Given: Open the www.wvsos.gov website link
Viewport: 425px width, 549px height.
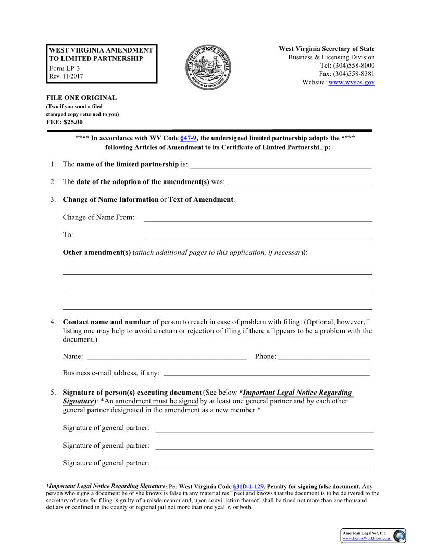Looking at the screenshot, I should click(x=352, y=83).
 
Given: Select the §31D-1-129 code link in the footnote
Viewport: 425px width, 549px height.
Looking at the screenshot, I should click(x=249, y=487).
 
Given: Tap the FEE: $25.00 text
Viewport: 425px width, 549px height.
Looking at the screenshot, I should click(x=65, y=122).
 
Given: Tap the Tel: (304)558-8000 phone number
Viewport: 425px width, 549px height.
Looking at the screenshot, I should click(x=347, y=66).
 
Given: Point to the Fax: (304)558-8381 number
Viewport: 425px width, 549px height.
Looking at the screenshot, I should click(x=347, y=74).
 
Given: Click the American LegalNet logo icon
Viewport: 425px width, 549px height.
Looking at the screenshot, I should click(x=399, y=535).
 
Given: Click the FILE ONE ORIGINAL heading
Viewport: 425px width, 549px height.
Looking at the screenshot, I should click(x=82, y=98).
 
